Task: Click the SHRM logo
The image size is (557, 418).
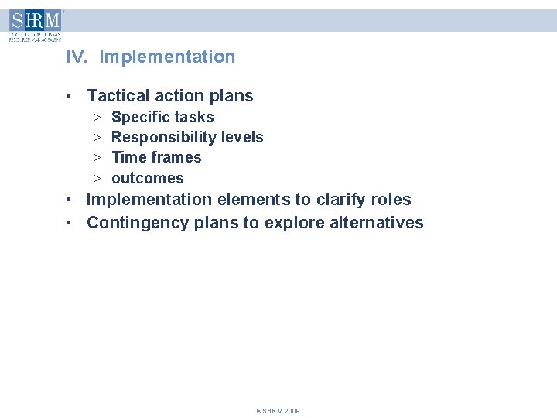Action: [x=35, y=25]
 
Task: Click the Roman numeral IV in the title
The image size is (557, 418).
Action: [x=75, y=57]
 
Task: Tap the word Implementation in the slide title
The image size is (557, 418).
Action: [x=167, y=57]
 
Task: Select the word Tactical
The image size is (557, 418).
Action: [x=116, y=96]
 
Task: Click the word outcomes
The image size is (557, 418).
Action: [x=148, y=179]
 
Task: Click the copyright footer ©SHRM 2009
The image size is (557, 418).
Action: [x=278, y=411]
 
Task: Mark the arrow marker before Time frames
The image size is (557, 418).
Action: [x=98, y=158]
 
